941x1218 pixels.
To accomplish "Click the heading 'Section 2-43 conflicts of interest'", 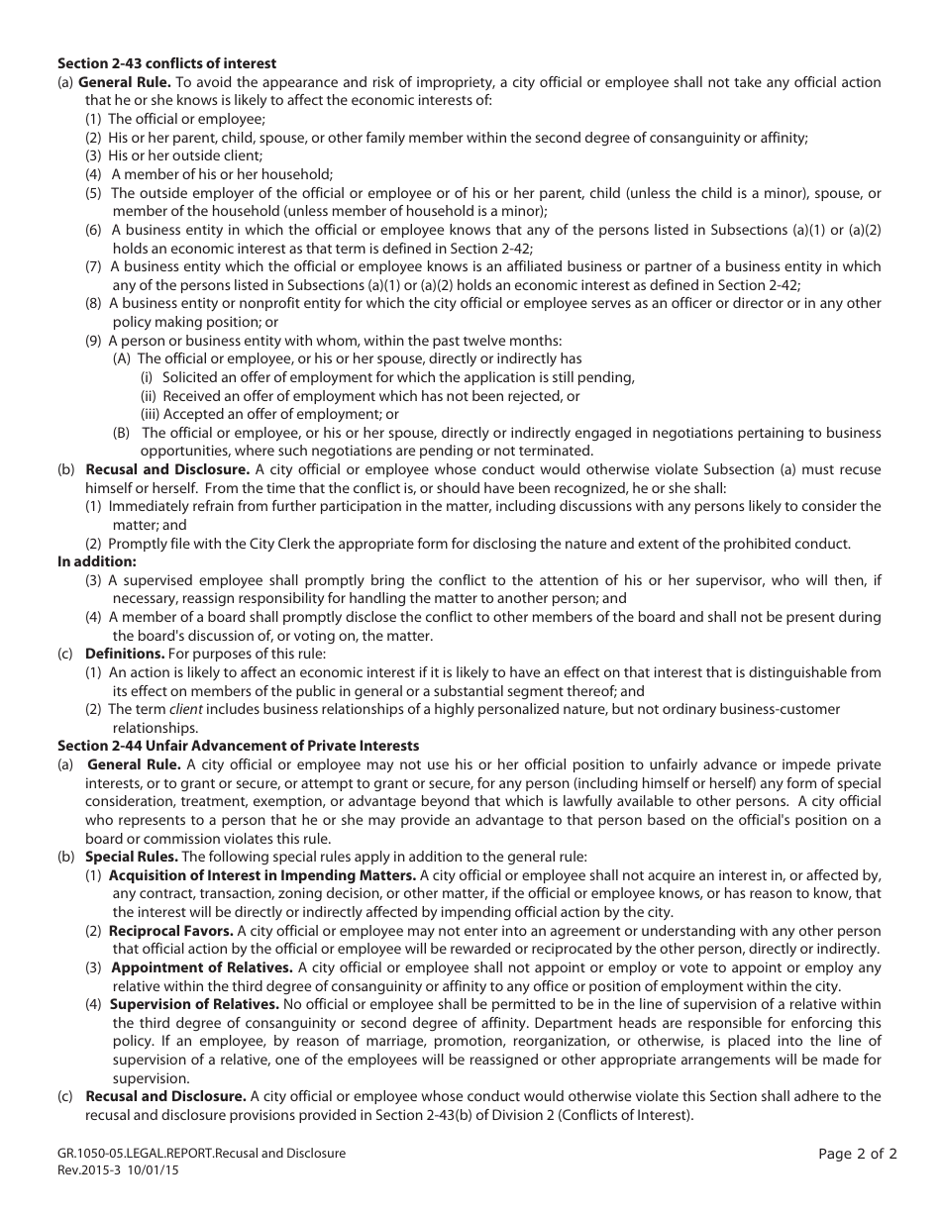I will pos(167,64).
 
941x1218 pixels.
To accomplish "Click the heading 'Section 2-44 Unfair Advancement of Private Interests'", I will pos(238,746).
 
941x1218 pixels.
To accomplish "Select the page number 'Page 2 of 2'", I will pos(858,1153).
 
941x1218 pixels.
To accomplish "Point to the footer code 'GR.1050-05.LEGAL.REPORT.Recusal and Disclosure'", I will pos(202,1154).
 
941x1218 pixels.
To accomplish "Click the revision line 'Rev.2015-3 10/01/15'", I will pos(119,1169).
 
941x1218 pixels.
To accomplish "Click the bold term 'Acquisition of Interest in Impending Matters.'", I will pos(262,875).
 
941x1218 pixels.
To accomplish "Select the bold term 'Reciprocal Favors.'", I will pos(171,932).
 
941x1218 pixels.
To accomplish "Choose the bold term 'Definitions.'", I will pos(125,654).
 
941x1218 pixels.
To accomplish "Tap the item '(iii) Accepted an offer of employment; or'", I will pos(269,415).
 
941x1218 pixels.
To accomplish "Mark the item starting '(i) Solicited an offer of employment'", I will pos(386,377).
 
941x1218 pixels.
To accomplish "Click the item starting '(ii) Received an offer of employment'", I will pos(360,396).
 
